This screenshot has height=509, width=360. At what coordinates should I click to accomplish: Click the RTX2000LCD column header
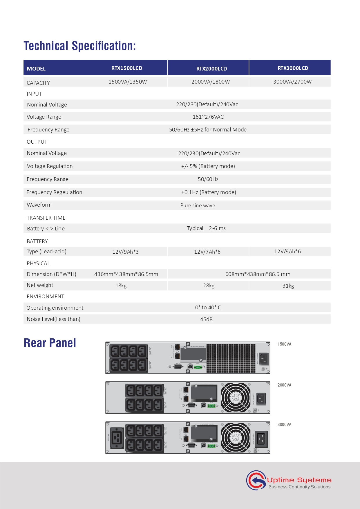coord(211,68)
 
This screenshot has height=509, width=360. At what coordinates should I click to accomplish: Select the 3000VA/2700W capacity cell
coord(292,82)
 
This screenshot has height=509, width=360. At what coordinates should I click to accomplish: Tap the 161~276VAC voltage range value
coord(208,117)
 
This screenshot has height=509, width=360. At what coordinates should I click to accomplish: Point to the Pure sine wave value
coord(198,205)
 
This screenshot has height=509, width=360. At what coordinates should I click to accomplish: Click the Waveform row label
coord(39,205)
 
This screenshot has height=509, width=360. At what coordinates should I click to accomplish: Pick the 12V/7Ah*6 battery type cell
coord(207,252)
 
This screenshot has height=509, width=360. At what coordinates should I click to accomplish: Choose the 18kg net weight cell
coord(121,286)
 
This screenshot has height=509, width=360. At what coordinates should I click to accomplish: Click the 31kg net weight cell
coord(288,286)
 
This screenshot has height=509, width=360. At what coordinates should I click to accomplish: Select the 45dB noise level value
coord(206,320)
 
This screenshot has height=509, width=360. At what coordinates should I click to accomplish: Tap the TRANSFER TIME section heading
coord(46,218)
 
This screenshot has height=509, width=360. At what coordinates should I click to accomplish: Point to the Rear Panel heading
coord(50,343)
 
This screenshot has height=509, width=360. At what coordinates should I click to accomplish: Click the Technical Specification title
coord(80,46)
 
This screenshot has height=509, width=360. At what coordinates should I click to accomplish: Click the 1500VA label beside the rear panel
coord(284,344)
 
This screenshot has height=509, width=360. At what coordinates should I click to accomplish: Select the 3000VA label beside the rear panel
coord(284,425)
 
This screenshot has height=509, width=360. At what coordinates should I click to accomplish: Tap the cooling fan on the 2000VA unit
coord(236,398)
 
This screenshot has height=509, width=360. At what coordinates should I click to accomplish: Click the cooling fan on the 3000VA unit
coord(236,438)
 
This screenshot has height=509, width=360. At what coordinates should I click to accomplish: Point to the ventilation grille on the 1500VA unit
coord(231,358)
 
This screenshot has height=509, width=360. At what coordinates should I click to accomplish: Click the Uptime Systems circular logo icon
coord(256,480)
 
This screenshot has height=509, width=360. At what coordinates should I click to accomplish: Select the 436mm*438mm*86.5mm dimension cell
coord(126,274)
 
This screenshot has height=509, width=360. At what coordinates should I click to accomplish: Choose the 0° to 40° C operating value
coord(208,308)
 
